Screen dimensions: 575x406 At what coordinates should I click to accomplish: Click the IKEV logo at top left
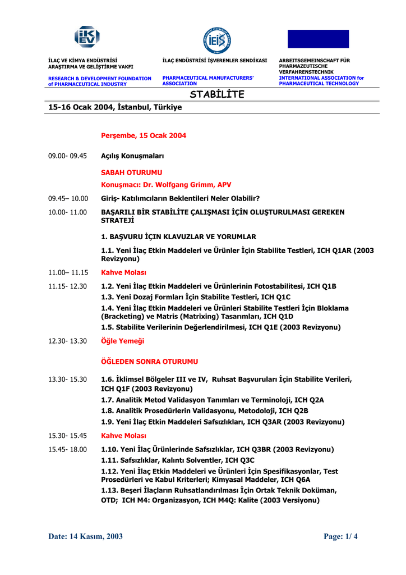click(87, 37)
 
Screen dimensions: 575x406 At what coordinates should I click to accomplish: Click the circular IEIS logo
click(217, 40)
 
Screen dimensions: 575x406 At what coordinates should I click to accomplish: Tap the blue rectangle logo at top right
click(318, 39)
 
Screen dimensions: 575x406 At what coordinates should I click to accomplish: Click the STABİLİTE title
click(217, 95)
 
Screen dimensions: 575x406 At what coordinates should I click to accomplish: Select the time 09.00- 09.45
click(67, 156)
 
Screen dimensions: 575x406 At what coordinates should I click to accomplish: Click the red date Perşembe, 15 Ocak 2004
click(144, 136)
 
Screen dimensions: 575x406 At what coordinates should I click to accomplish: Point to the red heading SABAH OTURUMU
click(131, 173)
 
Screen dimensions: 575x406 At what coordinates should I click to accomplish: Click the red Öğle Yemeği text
click(122, 341)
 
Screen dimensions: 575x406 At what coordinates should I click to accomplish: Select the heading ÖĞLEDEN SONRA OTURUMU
click(149, 362)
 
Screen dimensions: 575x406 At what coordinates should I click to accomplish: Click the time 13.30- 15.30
click(67, 380)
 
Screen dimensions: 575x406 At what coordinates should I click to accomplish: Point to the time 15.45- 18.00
click(67, 449)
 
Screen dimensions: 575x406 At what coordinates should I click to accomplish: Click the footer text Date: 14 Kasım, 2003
click(85, 536)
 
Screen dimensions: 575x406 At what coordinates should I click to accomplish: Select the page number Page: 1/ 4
click(340, 536)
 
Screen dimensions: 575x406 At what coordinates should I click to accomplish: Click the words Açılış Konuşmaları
click(132, 156)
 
